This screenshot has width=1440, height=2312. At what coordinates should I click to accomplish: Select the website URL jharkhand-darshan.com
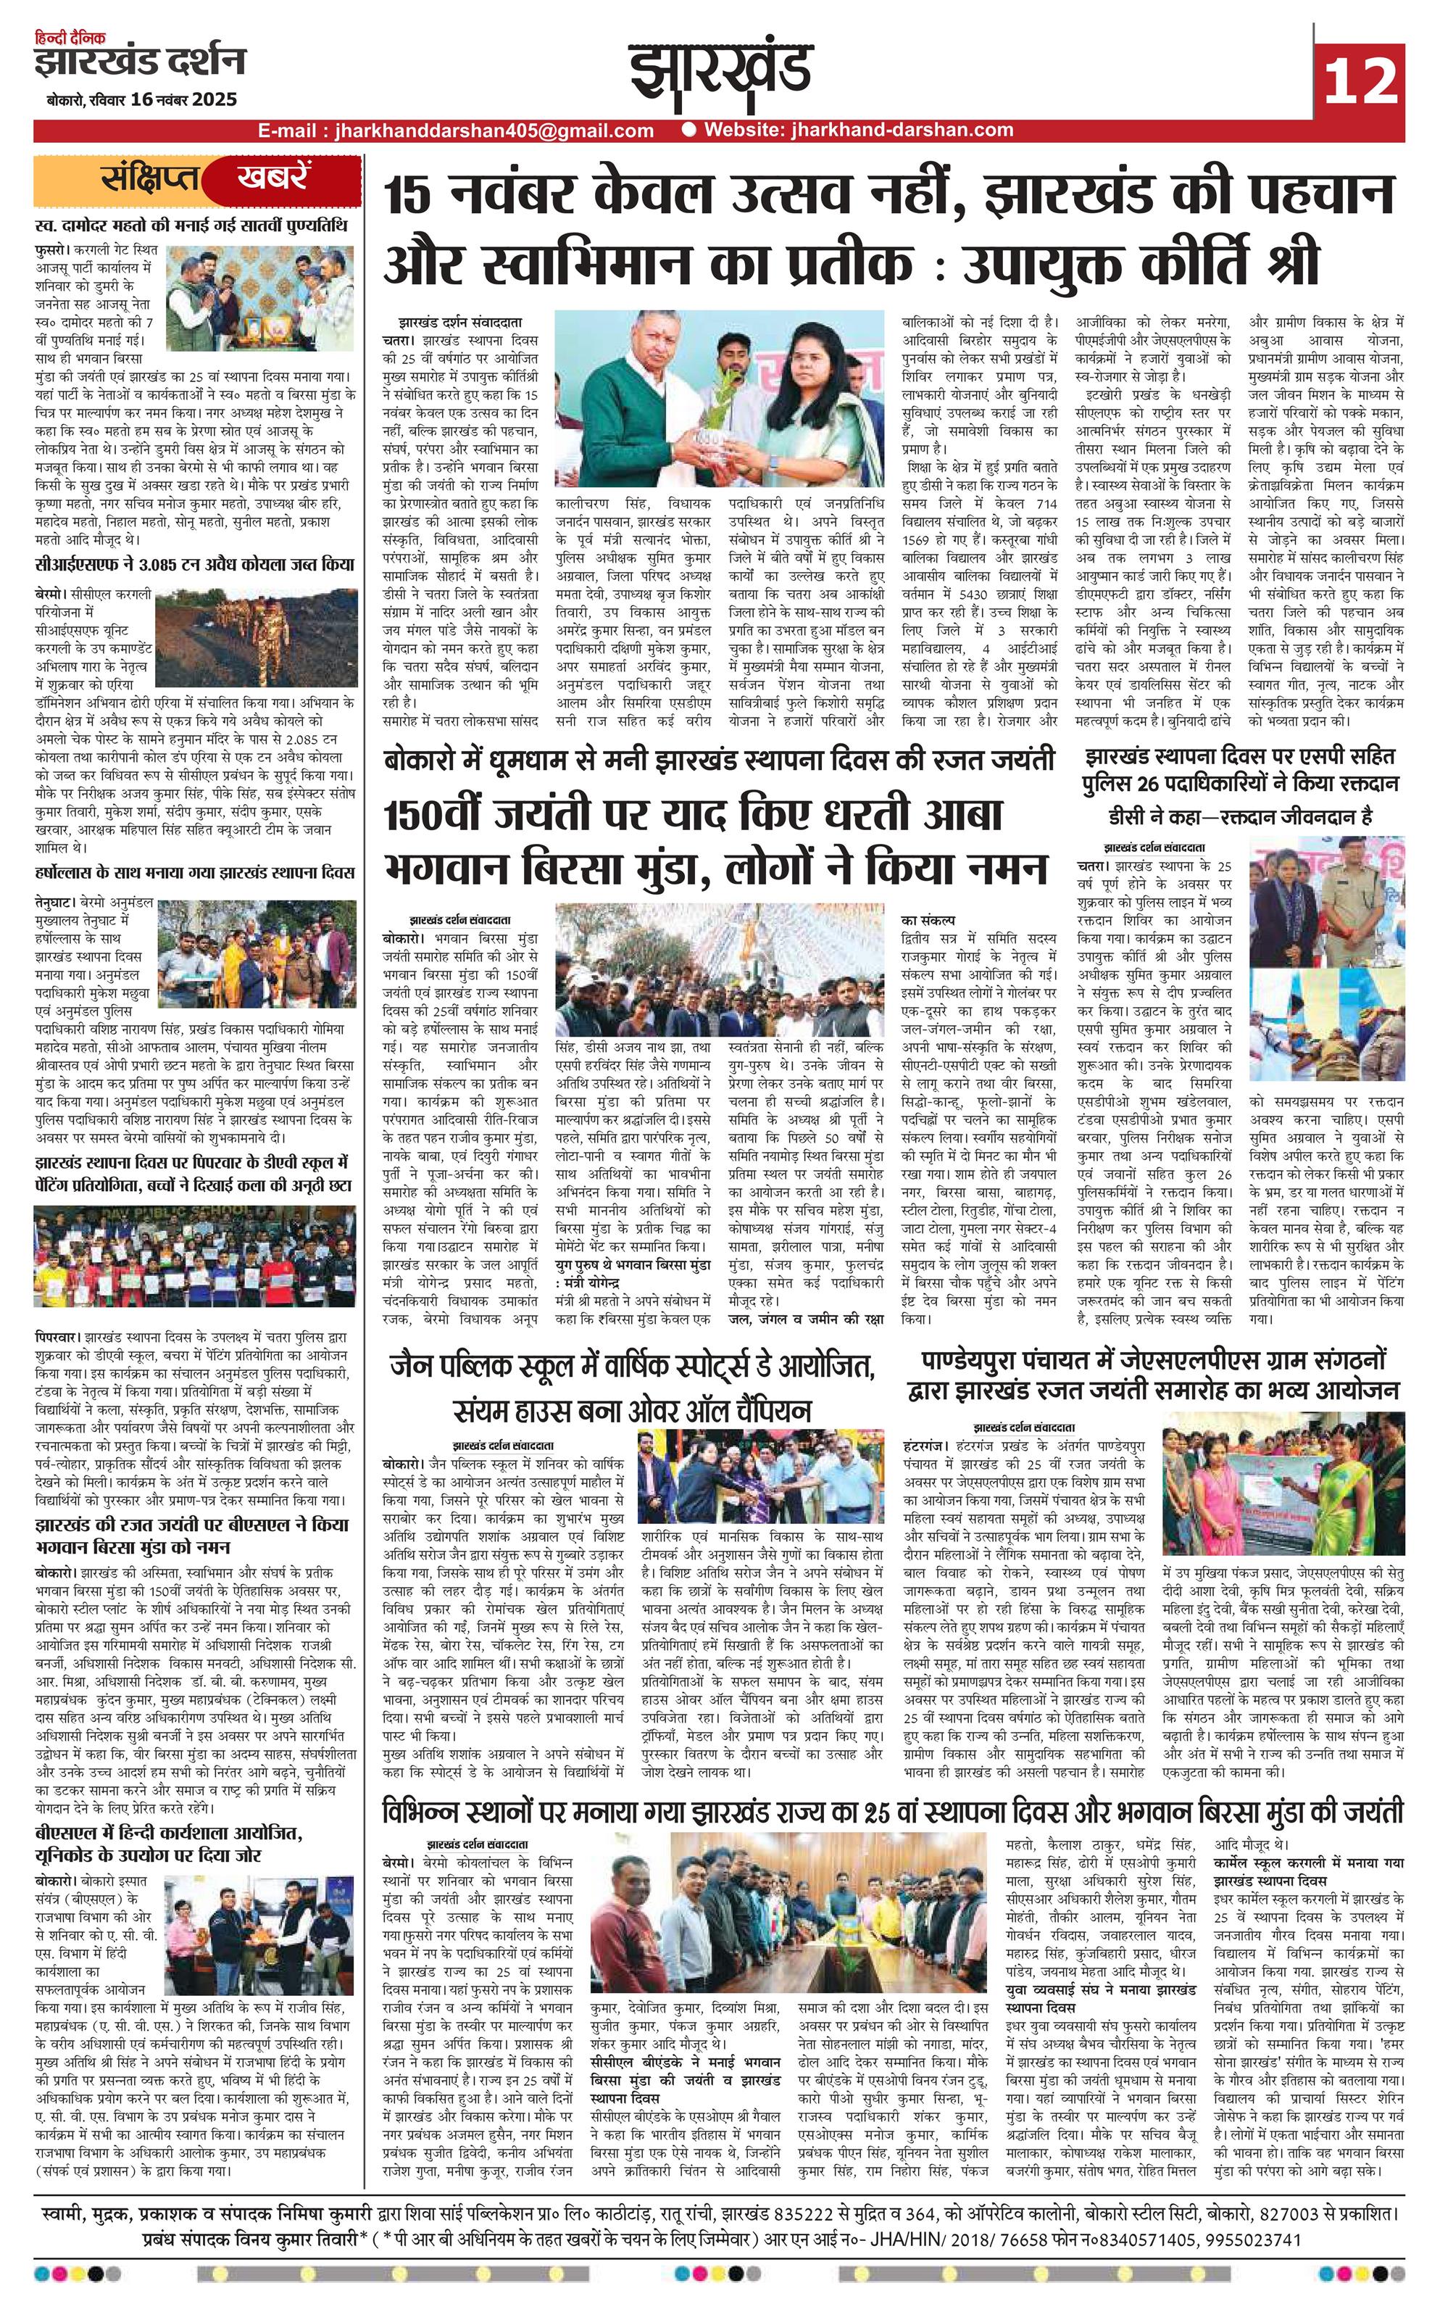tap(857, 130)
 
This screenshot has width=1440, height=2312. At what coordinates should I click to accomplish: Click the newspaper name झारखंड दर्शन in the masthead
tap(139, 63)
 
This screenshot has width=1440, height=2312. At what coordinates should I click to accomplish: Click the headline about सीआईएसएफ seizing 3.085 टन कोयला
tap(194, 564)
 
